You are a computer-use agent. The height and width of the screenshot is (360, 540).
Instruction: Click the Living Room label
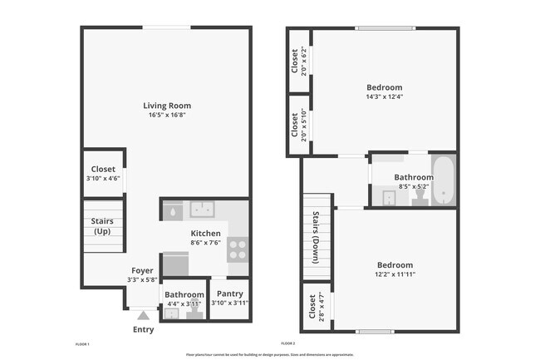(x=167, y=106)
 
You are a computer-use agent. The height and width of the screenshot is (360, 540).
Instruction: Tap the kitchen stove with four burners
(x=237, y=249)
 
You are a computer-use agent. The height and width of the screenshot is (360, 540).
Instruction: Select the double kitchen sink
(x=203, y=210)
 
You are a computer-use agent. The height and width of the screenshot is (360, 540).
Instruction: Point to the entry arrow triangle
(x=143, y=316)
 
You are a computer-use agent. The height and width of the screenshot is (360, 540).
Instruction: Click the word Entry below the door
(x=144, y=329)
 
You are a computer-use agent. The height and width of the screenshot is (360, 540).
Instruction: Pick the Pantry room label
(x=230, y=293)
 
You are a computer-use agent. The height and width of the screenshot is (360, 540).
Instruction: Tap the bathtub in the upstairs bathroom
(x=444, y=180)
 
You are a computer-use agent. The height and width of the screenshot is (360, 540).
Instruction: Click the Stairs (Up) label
(x=102, y=226)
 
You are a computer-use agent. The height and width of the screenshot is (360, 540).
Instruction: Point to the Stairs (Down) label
(x=317, y=238)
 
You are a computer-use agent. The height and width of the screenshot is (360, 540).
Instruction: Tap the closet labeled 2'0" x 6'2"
(x=299, y=62)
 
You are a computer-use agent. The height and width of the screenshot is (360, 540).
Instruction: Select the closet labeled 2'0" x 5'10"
(x=299, y=125)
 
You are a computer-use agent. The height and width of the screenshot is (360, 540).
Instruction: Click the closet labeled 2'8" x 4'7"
(x=316, y=307)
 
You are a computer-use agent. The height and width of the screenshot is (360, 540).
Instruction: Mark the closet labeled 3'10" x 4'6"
(x=103, y=173)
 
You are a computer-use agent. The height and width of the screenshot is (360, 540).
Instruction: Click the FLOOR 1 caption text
(x=81, y=343)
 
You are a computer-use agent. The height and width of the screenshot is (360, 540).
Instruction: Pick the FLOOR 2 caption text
(x=288, y=343)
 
